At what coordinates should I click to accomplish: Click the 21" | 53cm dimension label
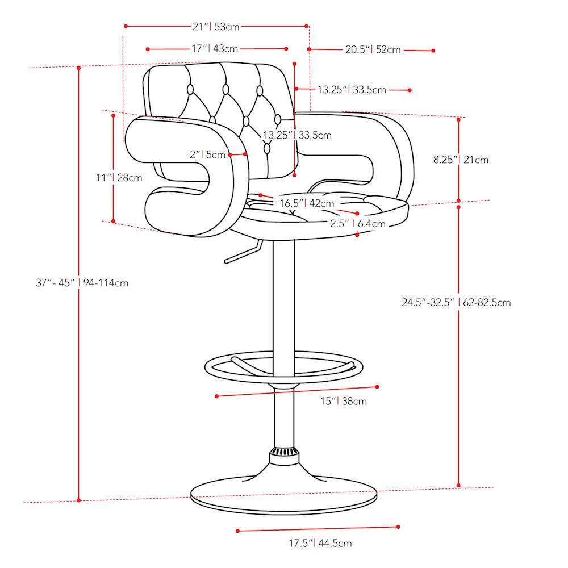[216, 27]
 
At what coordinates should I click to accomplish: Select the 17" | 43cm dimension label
[215, 48]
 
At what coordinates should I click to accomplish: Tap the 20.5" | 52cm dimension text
[373, 49]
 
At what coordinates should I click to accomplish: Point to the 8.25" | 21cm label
[461, 160]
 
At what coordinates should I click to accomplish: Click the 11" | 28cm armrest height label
[119, 177]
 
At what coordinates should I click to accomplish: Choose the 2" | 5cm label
[207, 154]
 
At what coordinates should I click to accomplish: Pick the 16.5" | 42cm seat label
[307, 203]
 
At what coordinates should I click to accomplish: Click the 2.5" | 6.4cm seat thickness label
[357, 223]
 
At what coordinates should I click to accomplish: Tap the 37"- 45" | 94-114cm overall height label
[82, 282]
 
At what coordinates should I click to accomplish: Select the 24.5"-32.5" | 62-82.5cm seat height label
[457, 302]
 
